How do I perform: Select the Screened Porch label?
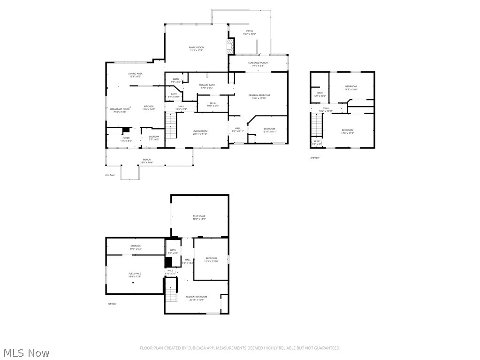tap(258, 64)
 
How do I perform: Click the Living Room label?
tap(200, 132)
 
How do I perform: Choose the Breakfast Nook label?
tap(120, 110)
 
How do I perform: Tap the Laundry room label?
tap(154, 138)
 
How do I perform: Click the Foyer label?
tap(126, 139)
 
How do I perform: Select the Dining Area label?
tap(135, 75)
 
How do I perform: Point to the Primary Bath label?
tap(206, 86)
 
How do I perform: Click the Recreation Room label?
tap(196, 298)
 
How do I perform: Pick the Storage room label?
tap(135, 247)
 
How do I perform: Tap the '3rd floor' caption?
tap(315, 158)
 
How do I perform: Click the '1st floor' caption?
tap(112, 304)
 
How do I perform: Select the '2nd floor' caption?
tap(110, 175)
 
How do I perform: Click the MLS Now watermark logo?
tap(25, 352)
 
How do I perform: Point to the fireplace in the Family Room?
tap(229, 47)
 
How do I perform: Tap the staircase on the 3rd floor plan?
tap(317, 125)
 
